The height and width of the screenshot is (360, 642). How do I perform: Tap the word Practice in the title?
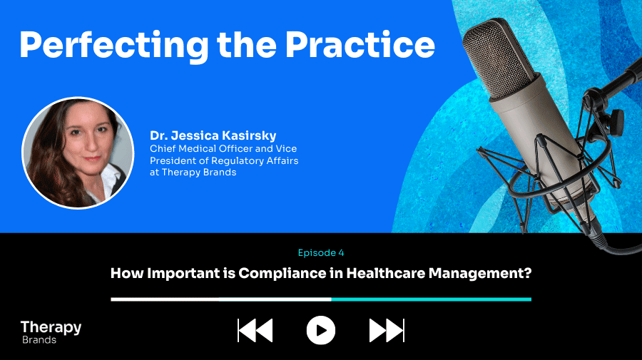[x=360, y=44]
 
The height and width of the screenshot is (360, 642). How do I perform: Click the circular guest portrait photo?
[x=78, y=153]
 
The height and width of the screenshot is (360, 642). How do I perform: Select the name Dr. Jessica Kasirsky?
[x=213, y=135]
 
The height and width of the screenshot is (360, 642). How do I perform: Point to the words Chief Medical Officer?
[x=201, y=148]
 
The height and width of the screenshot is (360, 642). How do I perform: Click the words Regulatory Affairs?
[x=255, y=161]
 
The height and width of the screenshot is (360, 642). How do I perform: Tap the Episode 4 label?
[x=321, y=253]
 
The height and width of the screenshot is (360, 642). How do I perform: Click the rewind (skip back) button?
[x=255, y=331]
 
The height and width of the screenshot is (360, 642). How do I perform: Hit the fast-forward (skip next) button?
[x=387, y=331]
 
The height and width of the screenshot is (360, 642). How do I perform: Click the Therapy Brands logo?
[x=51, y=331]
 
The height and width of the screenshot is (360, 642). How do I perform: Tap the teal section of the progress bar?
[x=431, y=299]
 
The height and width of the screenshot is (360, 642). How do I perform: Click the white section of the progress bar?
[x=221, y=299]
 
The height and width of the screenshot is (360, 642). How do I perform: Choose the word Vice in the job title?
[x=286, y=148]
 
